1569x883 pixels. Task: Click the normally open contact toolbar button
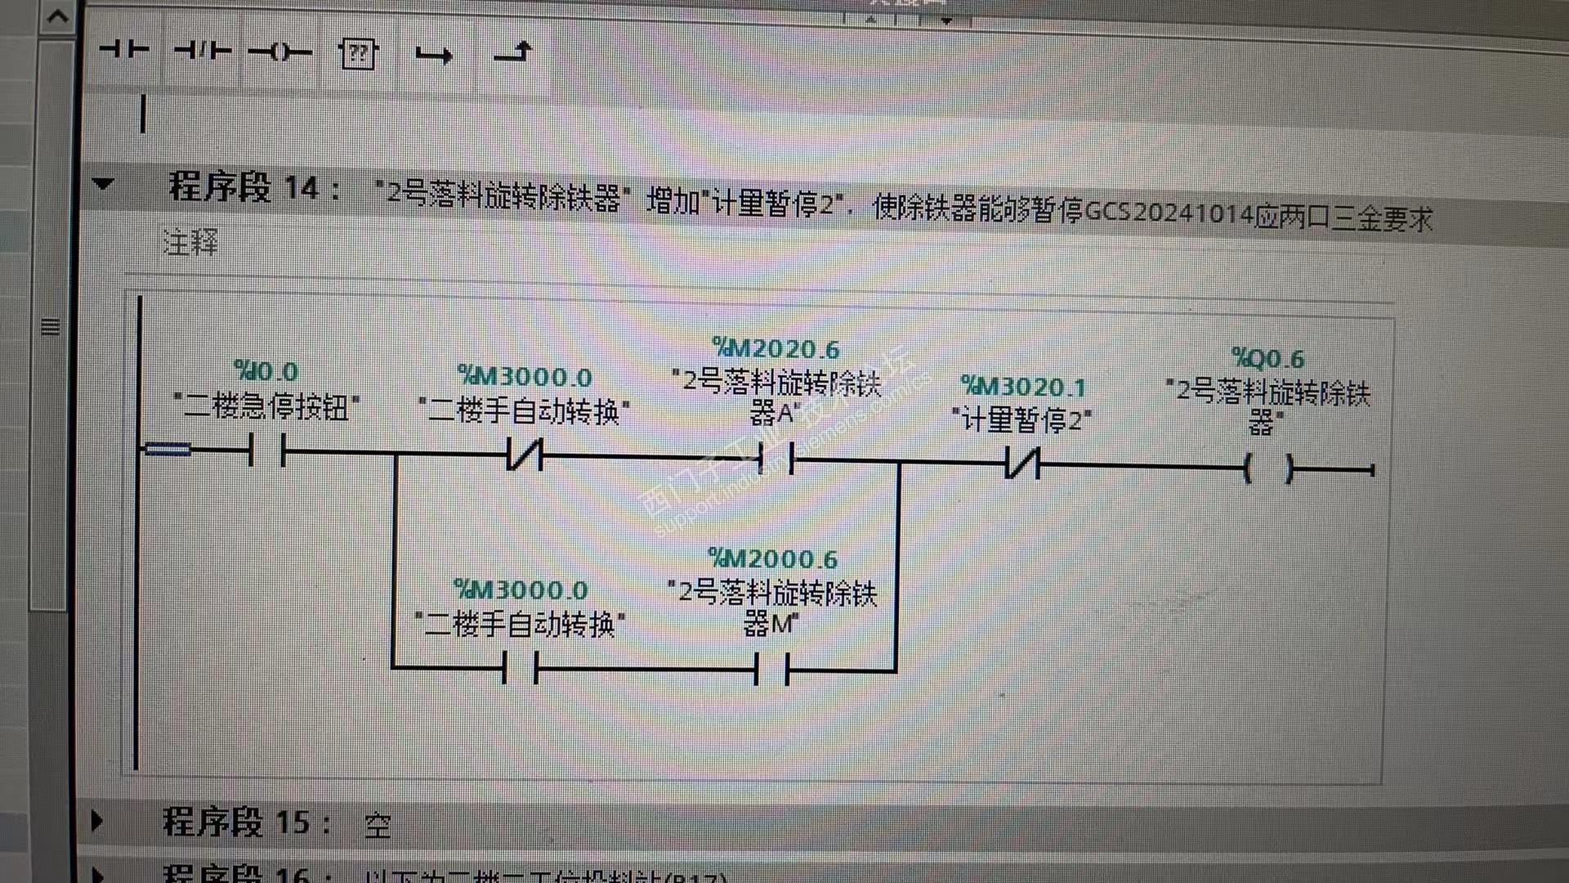pos(124,51)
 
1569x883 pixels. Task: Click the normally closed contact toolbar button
pos(203,52)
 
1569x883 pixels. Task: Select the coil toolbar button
pos(279,53)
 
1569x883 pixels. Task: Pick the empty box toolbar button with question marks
pos(357,55)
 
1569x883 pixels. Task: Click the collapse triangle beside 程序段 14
pos(103,184)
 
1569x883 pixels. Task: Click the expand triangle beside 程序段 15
pos(97,820)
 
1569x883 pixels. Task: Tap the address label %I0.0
pos(266,371)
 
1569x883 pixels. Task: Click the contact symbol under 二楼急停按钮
pos(266,450)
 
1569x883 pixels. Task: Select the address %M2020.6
pos(776,349)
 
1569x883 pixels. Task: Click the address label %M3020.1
pos(1023,386)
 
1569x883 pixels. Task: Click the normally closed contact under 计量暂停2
pos(1022,464)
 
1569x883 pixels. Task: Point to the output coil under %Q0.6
pos(1267,469)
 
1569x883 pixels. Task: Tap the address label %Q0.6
pos(1267,358)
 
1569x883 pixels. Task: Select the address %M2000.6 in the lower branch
pos(772,559)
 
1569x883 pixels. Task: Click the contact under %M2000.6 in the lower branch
pos(771,670)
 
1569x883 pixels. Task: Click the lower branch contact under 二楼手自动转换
pos(521,669)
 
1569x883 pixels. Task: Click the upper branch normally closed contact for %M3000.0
pos(525,455)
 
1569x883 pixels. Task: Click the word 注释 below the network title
pos(190,243)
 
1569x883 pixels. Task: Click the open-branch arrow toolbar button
pos(433,56)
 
